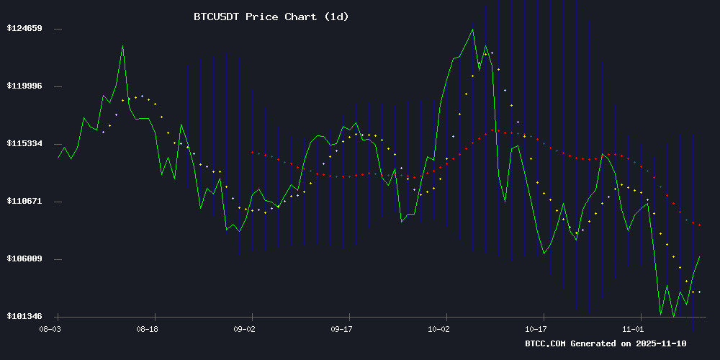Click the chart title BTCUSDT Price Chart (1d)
click(x=271, y=17)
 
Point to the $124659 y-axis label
click(x=25, y=29)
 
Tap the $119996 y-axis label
click(x=25, y=86)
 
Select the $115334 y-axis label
click(x=25, y=144)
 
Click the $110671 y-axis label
click(x=25, y=202)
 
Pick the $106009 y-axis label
click(x=25, y=259)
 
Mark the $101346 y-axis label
click(x=25, y=317)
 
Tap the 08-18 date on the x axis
click(x=147, y=328)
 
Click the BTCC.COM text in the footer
click(x=546, y=344)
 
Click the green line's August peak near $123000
click(x=122, y=46)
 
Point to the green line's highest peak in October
click(x=473, y=30)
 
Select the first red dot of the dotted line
click(x=252, y=152)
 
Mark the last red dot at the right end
click(x=699, y=225)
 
